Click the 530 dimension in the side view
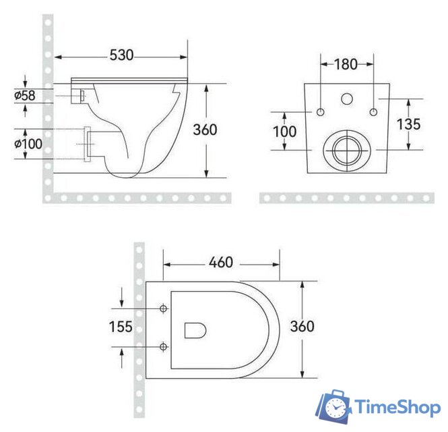121,54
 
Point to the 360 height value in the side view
205,129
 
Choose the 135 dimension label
409,124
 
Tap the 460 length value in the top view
222,261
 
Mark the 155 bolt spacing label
121,327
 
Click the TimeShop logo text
397,407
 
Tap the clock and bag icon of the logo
335,406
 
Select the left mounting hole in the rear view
321,111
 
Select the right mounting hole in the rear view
374,111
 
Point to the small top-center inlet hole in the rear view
347,99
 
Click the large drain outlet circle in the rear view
347,148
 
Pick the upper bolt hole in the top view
163,308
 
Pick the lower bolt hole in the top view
163,347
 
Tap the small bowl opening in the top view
195,329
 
